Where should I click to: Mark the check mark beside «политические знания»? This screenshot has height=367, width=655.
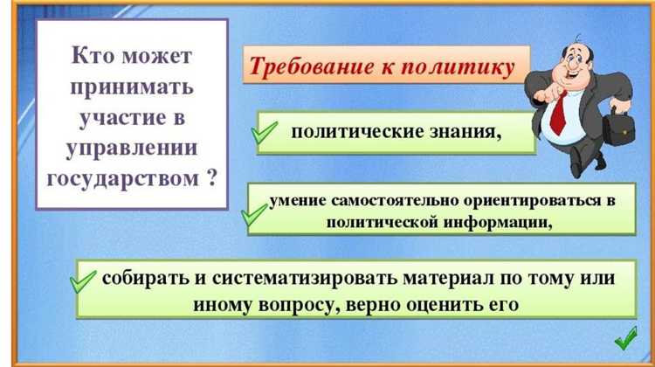click(x=265, y=133)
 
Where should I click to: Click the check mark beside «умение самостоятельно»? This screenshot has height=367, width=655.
click(x=254, y=214)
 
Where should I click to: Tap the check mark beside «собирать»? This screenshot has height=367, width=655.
click(x=82, y=283)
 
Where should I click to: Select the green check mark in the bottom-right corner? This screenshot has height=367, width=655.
click(x=627, y=336)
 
